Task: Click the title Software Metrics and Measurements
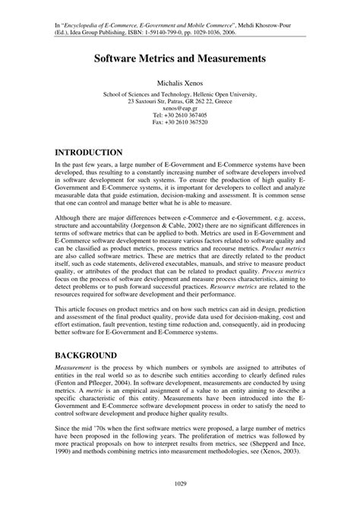click(180, 58)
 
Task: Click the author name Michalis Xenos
click(180, 82)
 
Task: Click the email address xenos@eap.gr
click(180, 109)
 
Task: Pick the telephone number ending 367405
click(180, 115)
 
